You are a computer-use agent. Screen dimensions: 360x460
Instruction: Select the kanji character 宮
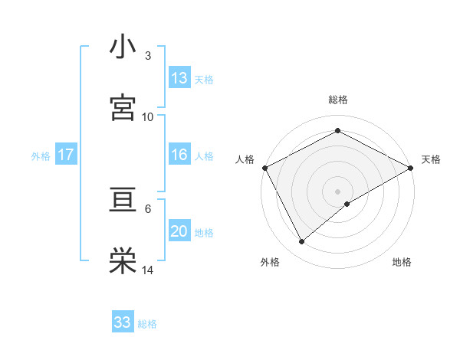click(123, 107)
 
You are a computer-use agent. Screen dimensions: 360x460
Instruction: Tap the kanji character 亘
click(123, 201)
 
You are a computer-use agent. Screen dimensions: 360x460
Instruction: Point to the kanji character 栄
click(123, 261)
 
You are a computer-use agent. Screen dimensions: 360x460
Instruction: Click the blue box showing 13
click(179, 78)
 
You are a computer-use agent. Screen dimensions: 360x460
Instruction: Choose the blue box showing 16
click(179, 155)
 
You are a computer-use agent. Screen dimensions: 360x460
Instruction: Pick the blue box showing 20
click(179, 232)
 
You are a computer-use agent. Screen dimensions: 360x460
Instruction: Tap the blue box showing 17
click(66, 155)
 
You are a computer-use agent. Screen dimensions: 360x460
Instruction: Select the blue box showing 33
click(123, 322)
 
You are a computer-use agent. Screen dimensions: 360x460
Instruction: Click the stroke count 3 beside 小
click(147, 56)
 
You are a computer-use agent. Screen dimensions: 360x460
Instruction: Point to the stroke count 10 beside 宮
click(148, 116)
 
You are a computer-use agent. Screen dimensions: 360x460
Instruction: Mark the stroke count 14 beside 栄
click(148, 270)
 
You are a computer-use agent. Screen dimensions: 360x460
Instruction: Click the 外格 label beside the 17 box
click(41, 155)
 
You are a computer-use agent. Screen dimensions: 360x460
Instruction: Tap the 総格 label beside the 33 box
click(147, 324)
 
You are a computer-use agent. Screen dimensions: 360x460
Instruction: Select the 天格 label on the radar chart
click(431, 159)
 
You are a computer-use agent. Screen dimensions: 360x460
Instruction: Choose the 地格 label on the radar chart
click(402, 262)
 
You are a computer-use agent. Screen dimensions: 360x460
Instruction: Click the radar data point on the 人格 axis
click(264, 167)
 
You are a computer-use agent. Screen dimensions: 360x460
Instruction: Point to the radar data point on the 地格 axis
click(347, 204)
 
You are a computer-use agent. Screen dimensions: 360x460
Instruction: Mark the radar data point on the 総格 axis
click(337, 131)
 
